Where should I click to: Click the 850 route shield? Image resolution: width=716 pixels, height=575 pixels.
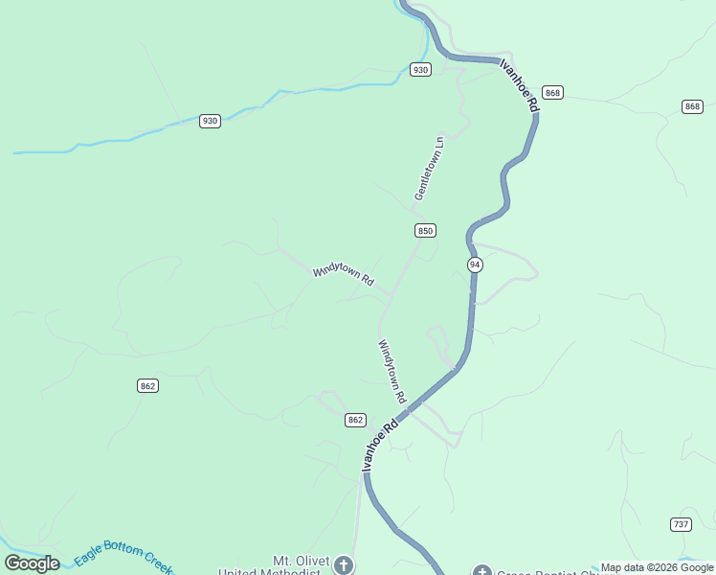[426, 231]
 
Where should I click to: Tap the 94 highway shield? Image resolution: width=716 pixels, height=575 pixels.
[475, 264]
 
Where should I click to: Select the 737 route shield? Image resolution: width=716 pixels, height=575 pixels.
[681, 524]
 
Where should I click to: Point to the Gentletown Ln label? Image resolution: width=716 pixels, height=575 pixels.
[430, 168]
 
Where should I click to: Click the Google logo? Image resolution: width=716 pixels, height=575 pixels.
[32, 563]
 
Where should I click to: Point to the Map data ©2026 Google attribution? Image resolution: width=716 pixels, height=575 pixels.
[657, 567]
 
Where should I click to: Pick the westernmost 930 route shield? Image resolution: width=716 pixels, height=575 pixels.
[211, 121]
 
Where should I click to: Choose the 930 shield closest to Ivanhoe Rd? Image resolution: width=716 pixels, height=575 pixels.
[420, 69]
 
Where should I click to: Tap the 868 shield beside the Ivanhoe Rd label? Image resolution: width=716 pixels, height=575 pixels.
[552, 92]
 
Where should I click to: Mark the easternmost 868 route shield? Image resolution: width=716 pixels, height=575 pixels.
[693, 105]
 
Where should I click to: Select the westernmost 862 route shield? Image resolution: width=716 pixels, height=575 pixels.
[146, 385]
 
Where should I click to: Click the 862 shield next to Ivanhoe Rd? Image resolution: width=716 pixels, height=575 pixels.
[355, 420]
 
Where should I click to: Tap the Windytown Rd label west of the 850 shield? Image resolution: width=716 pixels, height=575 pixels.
[343, 275]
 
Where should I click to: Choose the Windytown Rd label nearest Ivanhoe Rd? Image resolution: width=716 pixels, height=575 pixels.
[392, 371]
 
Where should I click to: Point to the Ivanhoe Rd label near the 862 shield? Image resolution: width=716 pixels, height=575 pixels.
[379, 444]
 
